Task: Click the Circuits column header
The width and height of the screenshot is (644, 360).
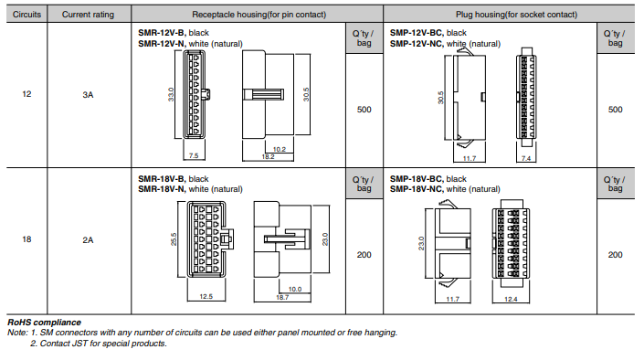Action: (x=26, y=15)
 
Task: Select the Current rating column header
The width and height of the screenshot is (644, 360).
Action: (x=88, y=15)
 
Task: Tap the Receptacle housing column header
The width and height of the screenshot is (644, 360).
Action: (x=259, y=15)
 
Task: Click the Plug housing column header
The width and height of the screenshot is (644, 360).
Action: (x=516, y=15)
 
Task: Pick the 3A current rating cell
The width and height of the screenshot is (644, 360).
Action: (x=88, y=94)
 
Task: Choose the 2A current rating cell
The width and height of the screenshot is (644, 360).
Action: (x=88, y=240)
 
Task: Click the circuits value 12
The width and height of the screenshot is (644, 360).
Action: (x=26, y=94)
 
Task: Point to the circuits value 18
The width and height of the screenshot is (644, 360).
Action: (x=26, y=239)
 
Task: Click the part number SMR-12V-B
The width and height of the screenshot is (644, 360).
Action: (x=162, y=33)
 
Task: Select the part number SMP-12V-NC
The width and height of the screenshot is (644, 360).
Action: (x=416, y=44)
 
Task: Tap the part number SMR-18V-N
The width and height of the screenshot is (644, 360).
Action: (x=162, y=189)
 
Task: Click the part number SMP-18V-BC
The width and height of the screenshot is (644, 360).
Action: (x=416, y=179)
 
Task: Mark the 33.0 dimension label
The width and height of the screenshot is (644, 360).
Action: (x=171, y=94)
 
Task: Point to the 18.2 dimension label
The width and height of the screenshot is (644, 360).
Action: (x=269, y=156)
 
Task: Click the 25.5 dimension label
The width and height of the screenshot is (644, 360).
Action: (x=174, y=239)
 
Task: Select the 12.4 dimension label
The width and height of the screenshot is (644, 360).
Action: (x=511, y=299)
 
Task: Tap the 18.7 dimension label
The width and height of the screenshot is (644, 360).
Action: (x=282, y=297)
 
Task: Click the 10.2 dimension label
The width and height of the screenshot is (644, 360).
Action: (x=280, y=149)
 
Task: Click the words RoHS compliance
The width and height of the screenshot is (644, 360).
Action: (x=45, y=323)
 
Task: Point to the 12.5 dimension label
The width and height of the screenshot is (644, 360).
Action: (x=206, y=296)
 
